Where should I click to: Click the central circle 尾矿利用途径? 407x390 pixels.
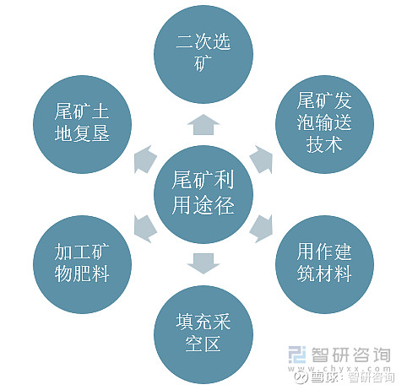(x=203, y=194)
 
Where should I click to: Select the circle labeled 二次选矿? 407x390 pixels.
(x=203, y=54)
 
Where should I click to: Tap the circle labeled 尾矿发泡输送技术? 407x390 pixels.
(x=324, y=124)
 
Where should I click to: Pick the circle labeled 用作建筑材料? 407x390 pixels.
(x=324, y=264)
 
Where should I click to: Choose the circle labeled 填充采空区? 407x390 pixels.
(x=203, y=334)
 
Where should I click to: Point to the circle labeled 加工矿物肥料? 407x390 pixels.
(x=82, y=264)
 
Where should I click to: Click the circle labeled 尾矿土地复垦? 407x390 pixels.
(x=82, y=124)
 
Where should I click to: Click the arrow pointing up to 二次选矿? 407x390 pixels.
(x=203, y=124)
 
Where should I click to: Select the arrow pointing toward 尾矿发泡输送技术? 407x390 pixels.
(x=262, y=159)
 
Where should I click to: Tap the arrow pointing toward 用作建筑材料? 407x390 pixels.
(x=262, y=229)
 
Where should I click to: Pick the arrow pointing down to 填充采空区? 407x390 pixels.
(x=203, y=263)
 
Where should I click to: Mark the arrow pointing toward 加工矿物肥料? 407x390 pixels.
(x=145, y=229)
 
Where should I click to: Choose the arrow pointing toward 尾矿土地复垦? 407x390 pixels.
(x=145, y=160)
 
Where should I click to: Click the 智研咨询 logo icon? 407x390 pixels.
(x=297, y=355)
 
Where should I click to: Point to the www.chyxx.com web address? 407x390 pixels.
(x=339, y=368)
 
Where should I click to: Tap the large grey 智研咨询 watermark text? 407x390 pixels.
(x=350, y=355)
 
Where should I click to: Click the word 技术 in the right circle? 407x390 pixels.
(x=324, y=144)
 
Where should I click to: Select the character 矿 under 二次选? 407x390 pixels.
(x=203, y=63)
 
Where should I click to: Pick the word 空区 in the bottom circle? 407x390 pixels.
(x=203, y=344)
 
